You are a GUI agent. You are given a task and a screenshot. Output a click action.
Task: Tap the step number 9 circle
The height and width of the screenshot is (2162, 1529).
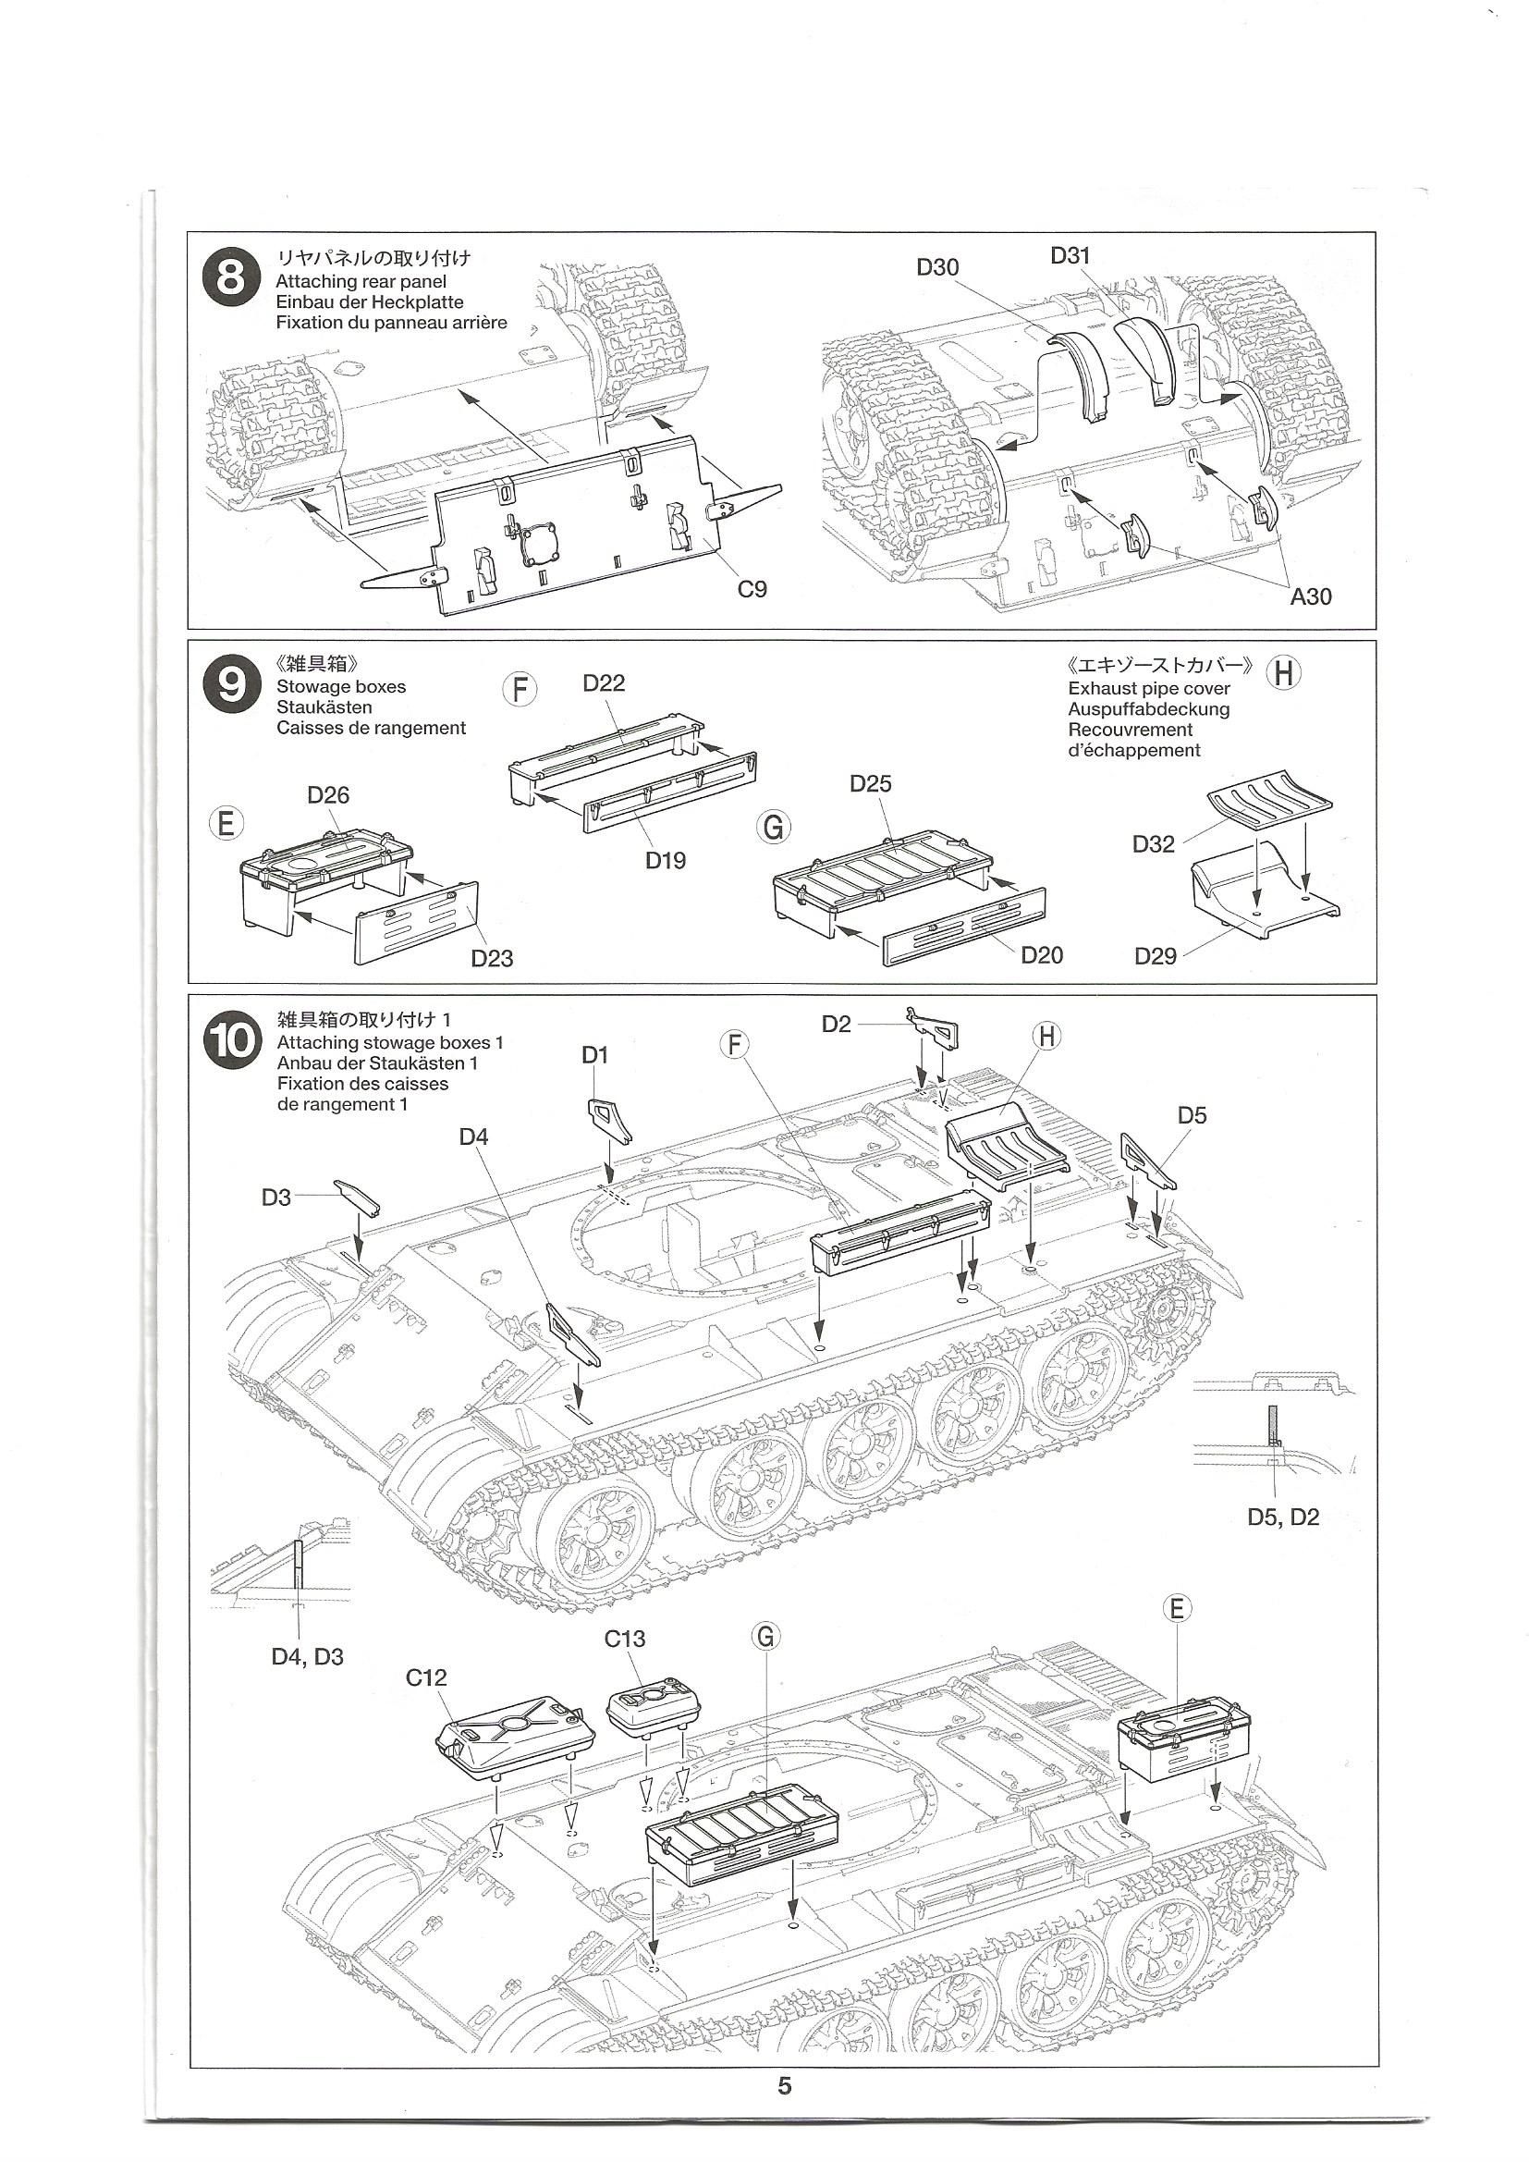(231, 684)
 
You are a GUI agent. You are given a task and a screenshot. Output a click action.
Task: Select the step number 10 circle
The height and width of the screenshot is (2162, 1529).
(233, 1042)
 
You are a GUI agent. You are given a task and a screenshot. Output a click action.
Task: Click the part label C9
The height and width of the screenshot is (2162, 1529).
(752, 589)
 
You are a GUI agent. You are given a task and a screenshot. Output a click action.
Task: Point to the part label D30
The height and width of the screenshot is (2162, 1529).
(936, 267)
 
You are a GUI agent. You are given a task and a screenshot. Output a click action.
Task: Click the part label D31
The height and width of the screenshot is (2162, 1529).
(1070, 255)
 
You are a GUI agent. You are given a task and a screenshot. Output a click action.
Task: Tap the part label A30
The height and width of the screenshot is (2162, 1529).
(1311, 596)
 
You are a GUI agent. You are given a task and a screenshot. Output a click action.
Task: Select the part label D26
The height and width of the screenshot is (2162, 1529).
(327, 794)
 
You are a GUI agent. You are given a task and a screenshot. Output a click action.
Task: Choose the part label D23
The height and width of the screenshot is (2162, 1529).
(492, 959)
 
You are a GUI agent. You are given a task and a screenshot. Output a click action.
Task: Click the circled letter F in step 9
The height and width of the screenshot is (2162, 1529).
(520, 689)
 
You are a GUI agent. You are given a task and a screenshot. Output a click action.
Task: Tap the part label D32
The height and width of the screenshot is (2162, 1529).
(1154, 843)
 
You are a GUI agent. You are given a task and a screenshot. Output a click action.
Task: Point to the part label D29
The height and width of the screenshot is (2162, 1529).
(1156, 957)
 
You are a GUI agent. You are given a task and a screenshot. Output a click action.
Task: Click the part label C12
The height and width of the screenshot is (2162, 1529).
(426, 1677)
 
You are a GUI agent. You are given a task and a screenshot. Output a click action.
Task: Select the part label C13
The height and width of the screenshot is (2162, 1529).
(624, 1639)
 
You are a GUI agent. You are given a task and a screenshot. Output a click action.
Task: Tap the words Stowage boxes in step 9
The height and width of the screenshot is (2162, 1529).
(341, 686)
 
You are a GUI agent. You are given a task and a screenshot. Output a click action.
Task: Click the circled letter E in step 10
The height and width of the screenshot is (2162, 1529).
(1176, 1608)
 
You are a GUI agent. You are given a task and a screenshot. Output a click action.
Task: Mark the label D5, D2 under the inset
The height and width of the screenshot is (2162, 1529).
(1282, 1517)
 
